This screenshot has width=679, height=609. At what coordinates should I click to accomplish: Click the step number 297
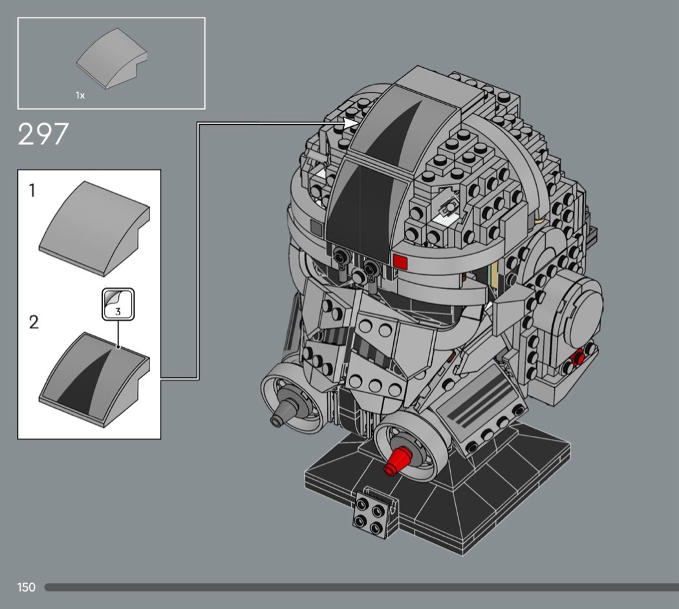43,134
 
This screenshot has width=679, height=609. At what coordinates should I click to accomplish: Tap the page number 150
27,587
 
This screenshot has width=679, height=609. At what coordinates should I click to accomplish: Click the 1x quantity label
80,95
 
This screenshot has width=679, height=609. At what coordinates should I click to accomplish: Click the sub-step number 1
32,191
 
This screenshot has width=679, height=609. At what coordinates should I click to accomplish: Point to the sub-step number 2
34,323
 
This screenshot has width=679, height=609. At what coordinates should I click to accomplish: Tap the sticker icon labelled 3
118,304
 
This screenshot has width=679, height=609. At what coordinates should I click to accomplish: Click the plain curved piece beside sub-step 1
94,228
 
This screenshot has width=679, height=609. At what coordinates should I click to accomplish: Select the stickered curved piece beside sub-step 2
94,379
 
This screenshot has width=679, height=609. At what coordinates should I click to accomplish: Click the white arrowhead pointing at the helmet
350,123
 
